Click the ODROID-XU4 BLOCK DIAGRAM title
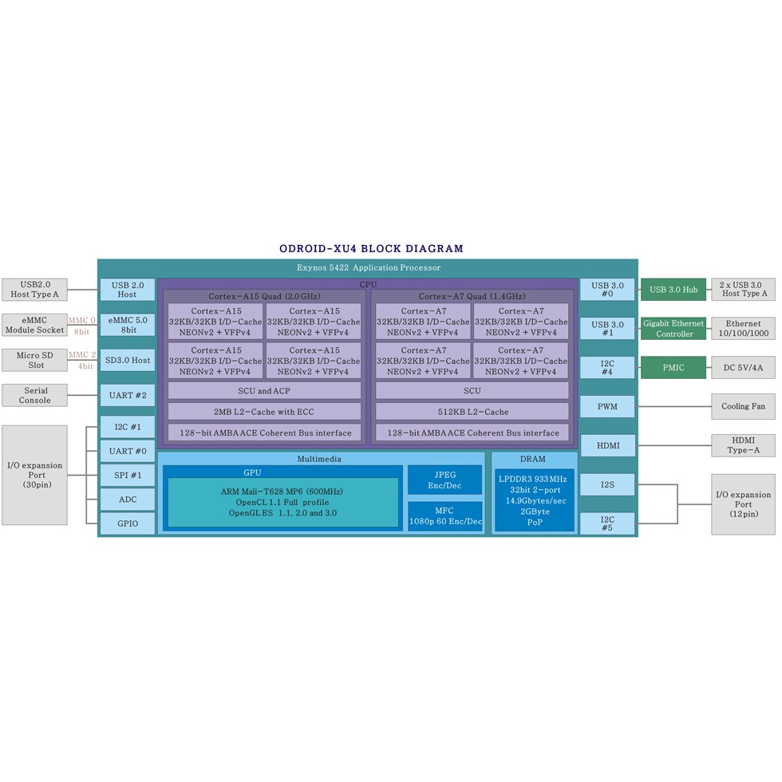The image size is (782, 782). [x=371, y=248]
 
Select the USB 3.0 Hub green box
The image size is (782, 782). [x=673, y=289]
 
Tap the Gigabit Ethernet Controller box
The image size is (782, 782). [x=673, y=328]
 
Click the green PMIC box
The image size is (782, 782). [x=673, y=368]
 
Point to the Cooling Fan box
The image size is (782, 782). [x=743, y=406]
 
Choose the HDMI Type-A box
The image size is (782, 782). [x=743, y=445]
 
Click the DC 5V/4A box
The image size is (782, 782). [x=743, y=368]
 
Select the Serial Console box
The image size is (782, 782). [x=34, y=396]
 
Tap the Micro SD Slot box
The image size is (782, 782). [x=34, y=360]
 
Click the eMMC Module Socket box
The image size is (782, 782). [x=34, y=326]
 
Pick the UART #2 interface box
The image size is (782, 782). [x=128, y=396]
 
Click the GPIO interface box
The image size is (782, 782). [x=128, y=523]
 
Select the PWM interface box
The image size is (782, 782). [x=607, y=406]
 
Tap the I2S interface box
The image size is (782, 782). [x=607, y=485]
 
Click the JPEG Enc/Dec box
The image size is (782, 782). [x=445, y=480]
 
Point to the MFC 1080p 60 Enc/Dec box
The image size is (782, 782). [x=445, y=516]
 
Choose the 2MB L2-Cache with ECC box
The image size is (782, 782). [x=264, y=412]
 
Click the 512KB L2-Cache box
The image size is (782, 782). [x=472, y=412]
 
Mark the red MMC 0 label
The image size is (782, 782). [x=81, y=320]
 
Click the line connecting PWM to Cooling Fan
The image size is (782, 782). [x=673, y=406]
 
